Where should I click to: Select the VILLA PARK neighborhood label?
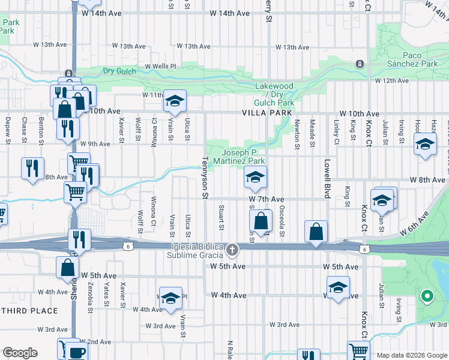267,113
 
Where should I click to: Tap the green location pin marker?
427,296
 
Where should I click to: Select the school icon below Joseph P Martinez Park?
255,178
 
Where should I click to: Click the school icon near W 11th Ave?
175,101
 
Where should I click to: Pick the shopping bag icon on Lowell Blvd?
316,232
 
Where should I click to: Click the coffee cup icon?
76,353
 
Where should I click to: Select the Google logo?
20,353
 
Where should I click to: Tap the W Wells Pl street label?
160,67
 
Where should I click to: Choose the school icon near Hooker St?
425,146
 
